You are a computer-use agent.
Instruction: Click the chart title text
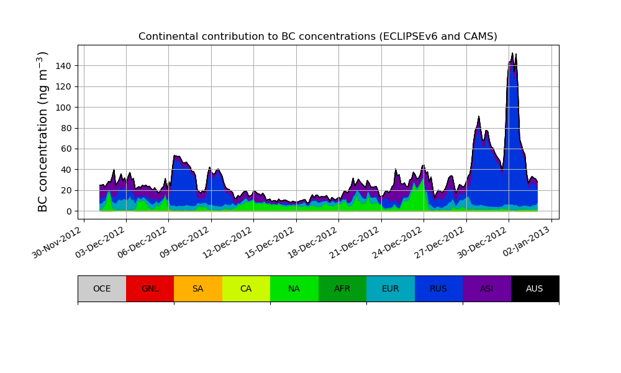(x=317, y=37)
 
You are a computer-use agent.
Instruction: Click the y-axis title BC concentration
(x=43, y=132)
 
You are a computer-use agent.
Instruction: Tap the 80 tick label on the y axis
(x=65, y=128)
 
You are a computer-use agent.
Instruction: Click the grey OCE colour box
(x=102, y=288)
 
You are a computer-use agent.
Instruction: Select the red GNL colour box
(x=150, y=288)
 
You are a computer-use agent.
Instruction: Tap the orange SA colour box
(x=198, y=288)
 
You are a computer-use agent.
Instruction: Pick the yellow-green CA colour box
(x=246, y=288)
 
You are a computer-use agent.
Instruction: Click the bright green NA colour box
(x=294, y=288)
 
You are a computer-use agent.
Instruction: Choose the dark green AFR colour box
(x=342, y=288)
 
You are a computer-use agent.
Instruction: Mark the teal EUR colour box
(x=391, y=288)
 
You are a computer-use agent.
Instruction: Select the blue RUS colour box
(x=438, y=288)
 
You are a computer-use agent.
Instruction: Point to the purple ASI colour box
(x=487, y=288)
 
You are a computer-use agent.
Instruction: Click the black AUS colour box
(x=535, y=288)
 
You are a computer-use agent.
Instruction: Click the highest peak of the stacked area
(x=512, y=53)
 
